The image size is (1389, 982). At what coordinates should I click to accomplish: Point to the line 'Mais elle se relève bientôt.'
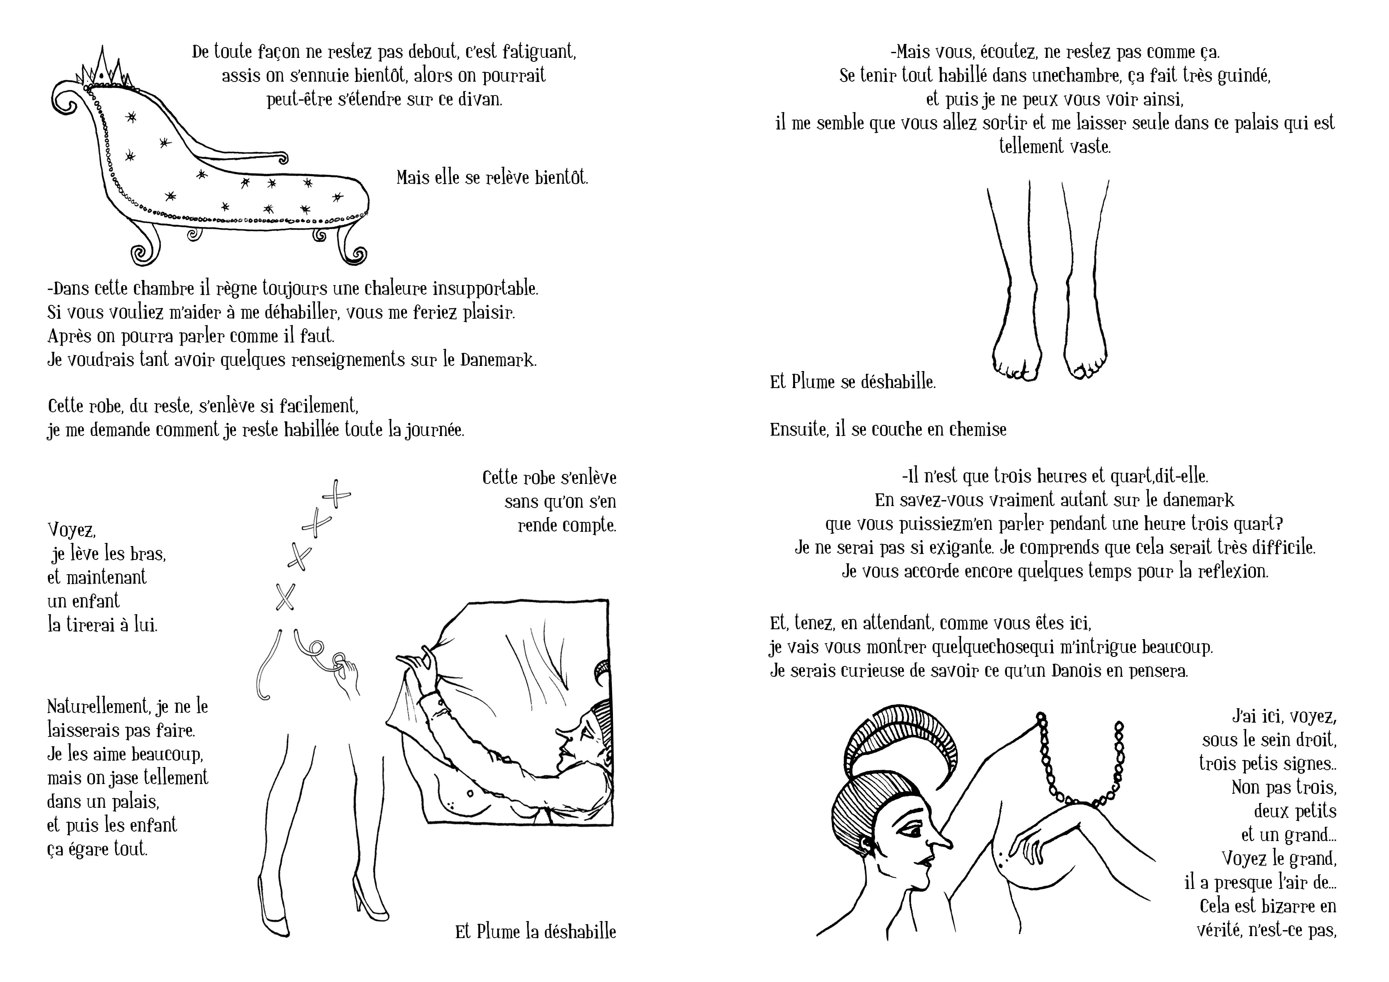click(x=492, y=177)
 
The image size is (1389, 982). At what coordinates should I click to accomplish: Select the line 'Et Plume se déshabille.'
click(x=852, y=382)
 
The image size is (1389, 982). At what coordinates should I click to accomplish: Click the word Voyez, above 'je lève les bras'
click(x=71, y=530)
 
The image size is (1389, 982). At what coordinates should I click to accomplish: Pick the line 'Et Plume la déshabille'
click(x=535, y=931)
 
